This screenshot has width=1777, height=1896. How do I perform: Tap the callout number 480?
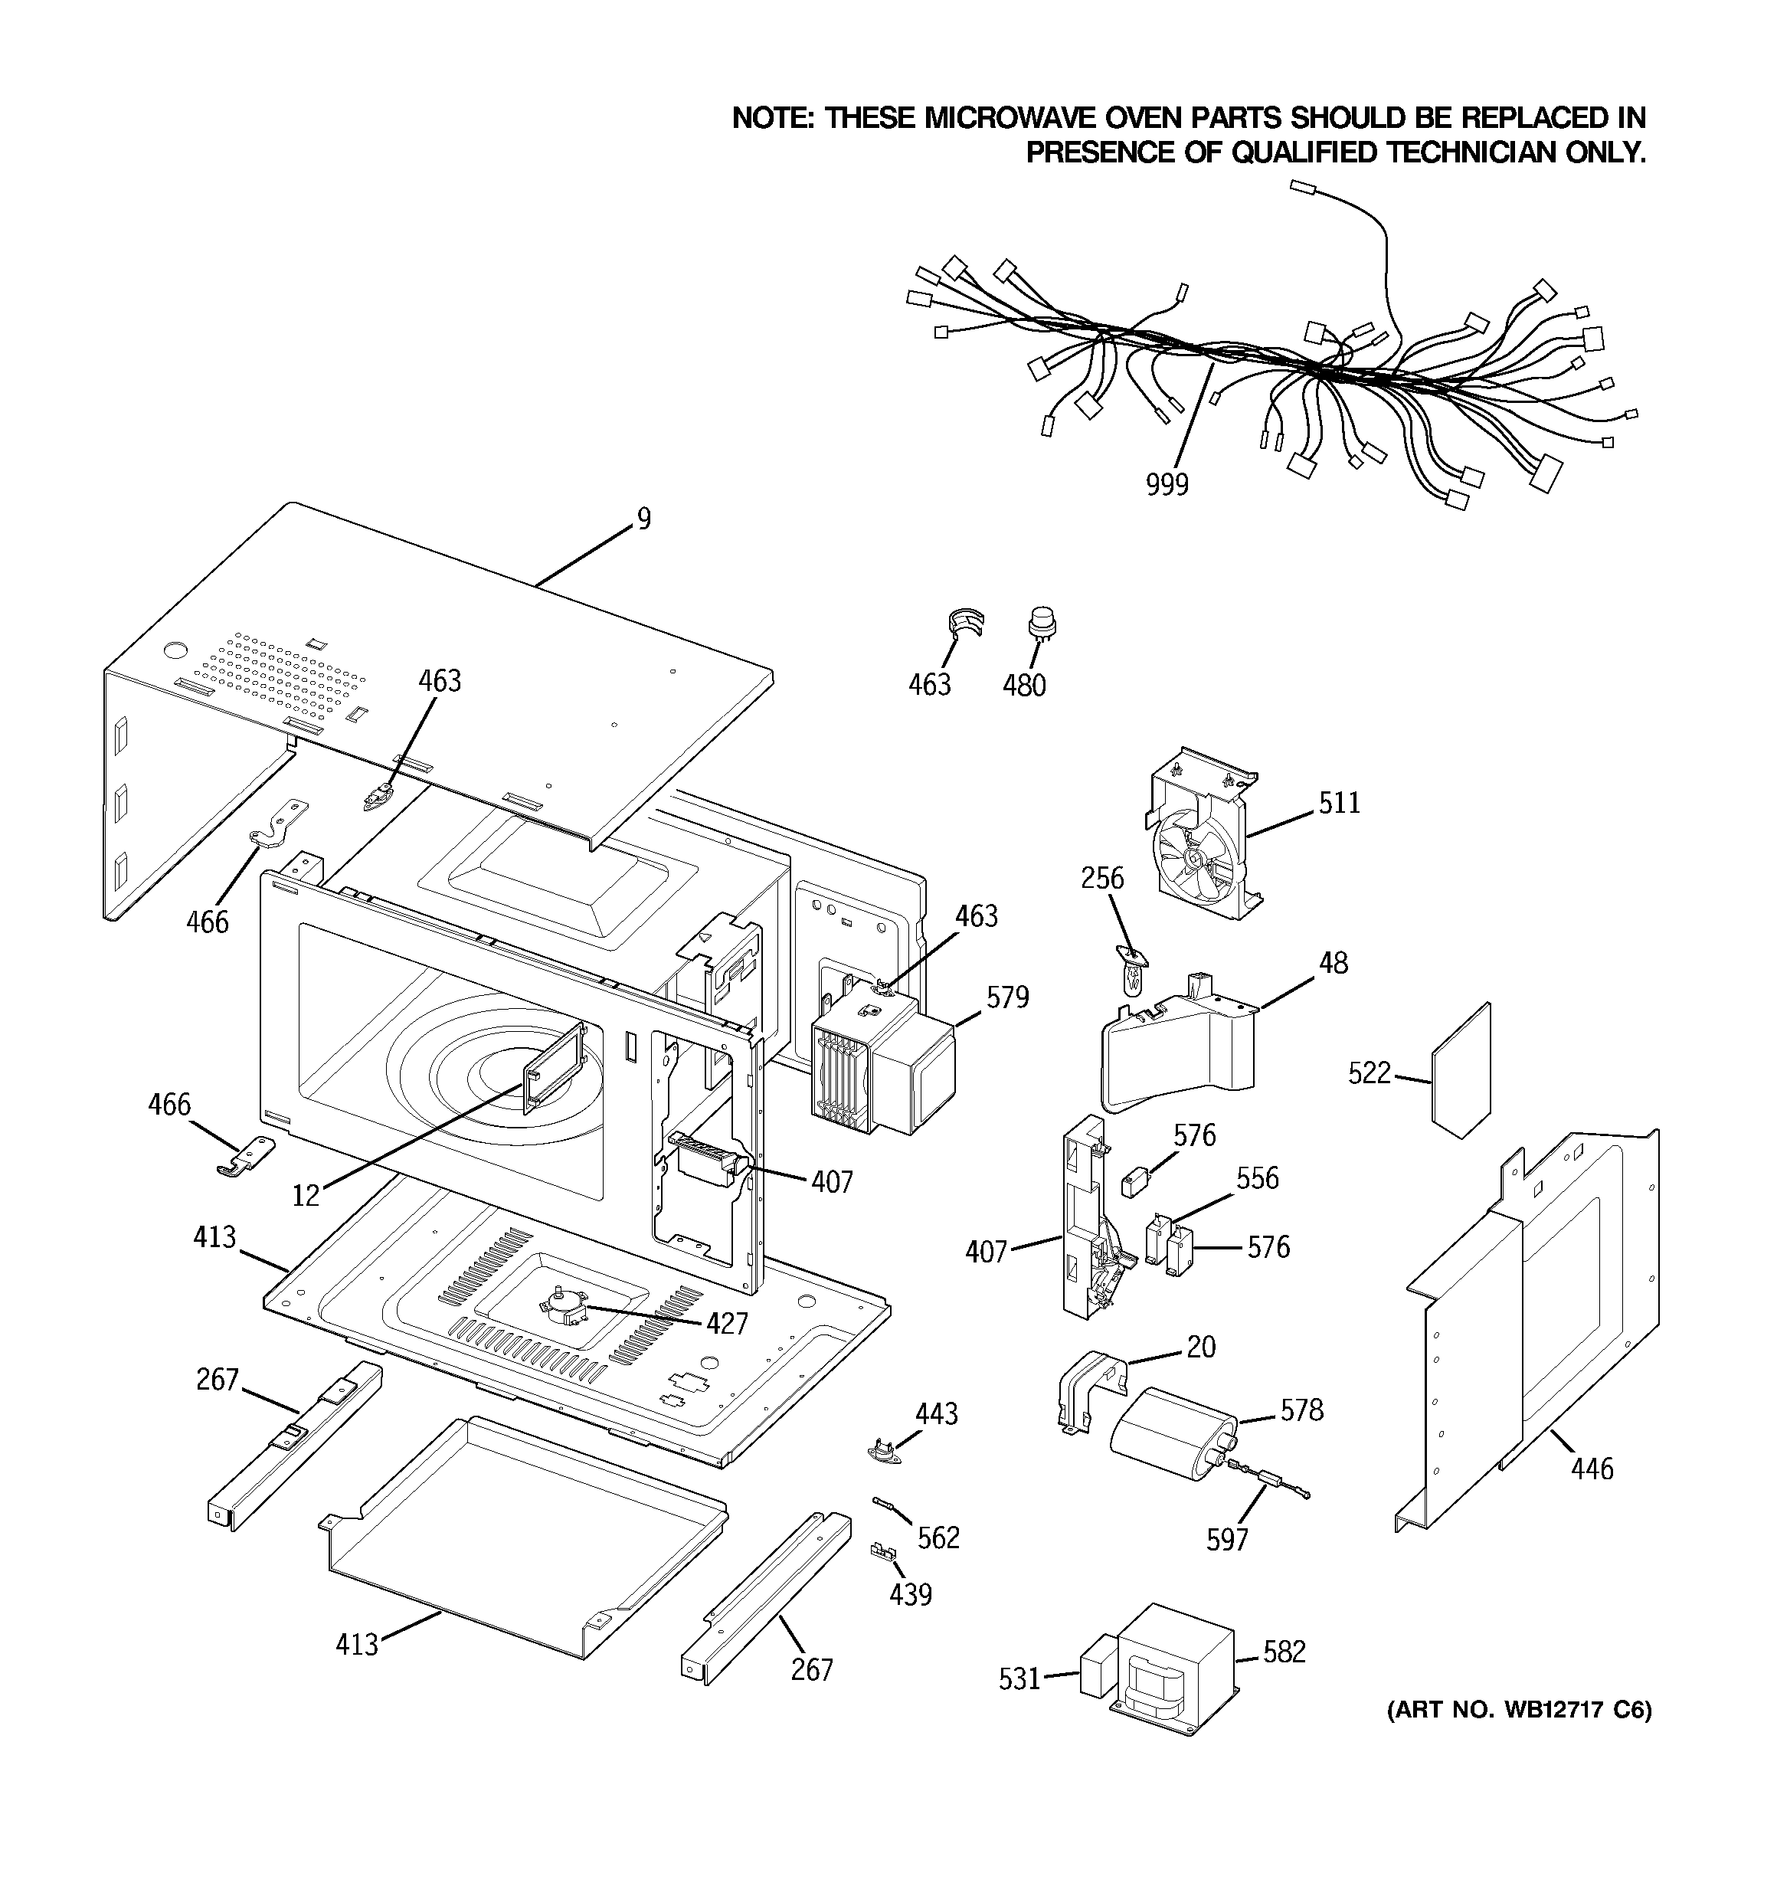pyautogui.click(x=1023, y=685)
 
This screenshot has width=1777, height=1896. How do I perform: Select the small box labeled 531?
pyautogui.click(x=1098, y=1667)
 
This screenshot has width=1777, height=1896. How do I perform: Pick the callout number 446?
pyautogui.click(x=1592, y=1468)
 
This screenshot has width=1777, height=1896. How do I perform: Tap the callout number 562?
pyautogui.click(x=938, y=1537)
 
